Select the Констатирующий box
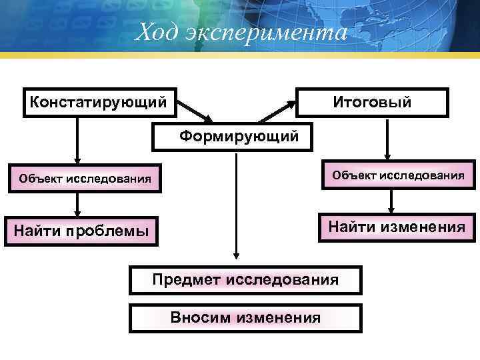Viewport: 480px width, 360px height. point(100,102)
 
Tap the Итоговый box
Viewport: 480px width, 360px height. point(372,102)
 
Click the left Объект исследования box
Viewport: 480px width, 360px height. point(85,178)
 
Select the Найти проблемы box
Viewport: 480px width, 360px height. point(81,231)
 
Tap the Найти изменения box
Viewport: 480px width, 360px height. point(396,227)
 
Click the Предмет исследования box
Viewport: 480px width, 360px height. point(245,279)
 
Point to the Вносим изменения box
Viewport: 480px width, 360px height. point(245,318)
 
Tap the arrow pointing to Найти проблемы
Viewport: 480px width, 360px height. point(78,203)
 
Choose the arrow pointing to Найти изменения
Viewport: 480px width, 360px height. point(391,201)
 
